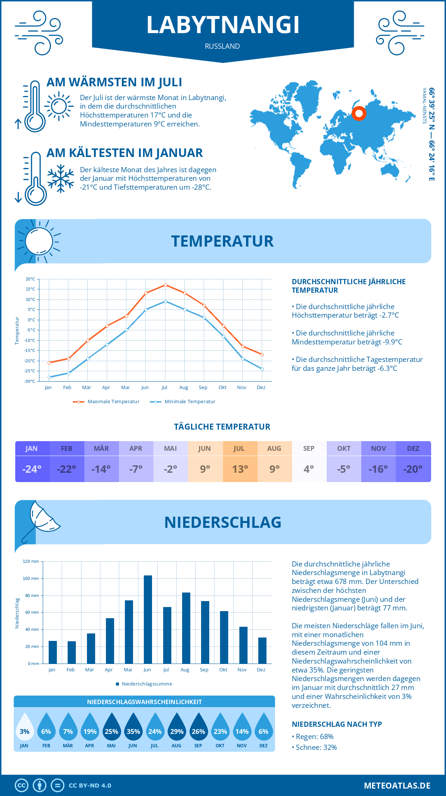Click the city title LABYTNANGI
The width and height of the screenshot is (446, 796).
[x=223, y=25]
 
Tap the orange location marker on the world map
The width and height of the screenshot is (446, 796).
[x=359, y=113]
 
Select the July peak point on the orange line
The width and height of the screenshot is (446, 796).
[x=165, y=285]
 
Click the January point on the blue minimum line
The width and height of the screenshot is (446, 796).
[x=49, y=377]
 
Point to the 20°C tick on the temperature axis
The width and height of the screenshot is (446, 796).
[x=30, y=279]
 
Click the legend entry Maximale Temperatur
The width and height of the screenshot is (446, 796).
[x=106, y=402]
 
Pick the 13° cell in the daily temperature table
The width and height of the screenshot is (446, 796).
[x=240, y=469]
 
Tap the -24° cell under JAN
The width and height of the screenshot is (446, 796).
[x=32, y=469]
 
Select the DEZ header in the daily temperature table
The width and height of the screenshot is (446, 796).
[x=413, y=449]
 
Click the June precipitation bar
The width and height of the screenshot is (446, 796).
[x=148, y=619]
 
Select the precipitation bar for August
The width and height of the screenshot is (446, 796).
[x=186, y=628]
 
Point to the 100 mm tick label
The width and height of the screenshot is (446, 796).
[x=31, y=578]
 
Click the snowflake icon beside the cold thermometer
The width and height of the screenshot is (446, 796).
[x=61, y=178]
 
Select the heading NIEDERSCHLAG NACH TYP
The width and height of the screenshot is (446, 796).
[x=337, y=724]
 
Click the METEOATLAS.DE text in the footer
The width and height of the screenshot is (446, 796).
[x=397, y=786]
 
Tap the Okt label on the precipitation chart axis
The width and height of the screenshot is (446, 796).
[x=223, y=670]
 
